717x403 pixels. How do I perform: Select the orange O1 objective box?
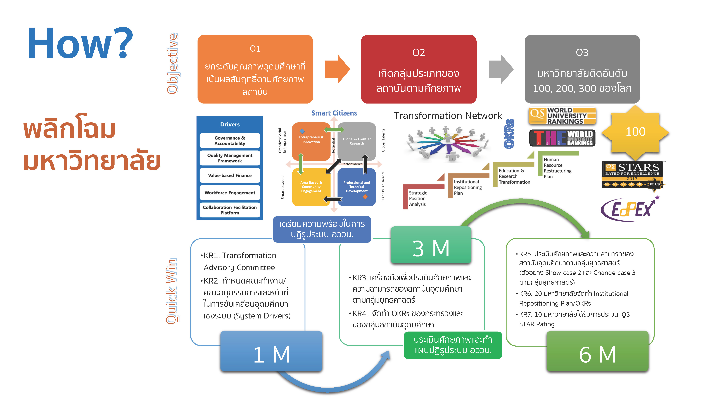255,69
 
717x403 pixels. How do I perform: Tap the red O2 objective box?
418,69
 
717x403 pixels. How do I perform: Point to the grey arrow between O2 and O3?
501,69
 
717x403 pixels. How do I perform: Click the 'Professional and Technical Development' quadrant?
357,187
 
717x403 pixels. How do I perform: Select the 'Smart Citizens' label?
334,113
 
